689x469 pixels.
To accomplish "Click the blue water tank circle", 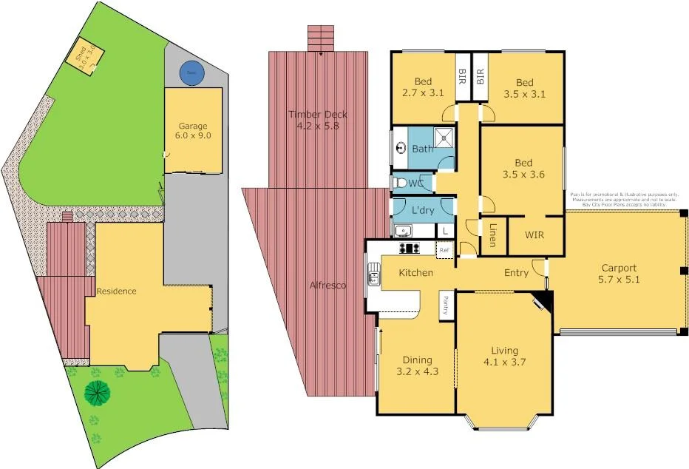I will click(192, 72).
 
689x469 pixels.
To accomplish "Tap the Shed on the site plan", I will click(83, 56).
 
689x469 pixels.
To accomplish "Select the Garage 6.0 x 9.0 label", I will click(193, 130).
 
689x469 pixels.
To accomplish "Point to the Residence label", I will click(116, 291).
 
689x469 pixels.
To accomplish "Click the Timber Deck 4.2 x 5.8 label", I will click(318, 121).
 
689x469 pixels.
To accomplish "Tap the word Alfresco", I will click(327, 285).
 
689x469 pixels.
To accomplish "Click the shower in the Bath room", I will click(445, 137).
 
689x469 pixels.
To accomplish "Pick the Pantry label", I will click(446, 305).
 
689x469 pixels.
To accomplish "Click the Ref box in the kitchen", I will click(444, 250).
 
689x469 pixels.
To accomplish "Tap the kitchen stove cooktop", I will click(407, 249).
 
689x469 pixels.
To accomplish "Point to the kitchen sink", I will click(374, 279).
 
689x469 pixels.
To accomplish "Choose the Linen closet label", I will click(492, 234).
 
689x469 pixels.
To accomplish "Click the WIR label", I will click(535, 235).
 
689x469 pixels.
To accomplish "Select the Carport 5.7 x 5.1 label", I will click(619, 274).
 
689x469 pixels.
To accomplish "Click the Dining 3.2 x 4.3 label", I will click(417, 365).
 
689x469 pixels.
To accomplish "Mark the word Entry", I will click(516, 273).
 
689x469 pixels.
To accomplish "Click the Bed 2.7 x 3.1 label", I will click(423, 88).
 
